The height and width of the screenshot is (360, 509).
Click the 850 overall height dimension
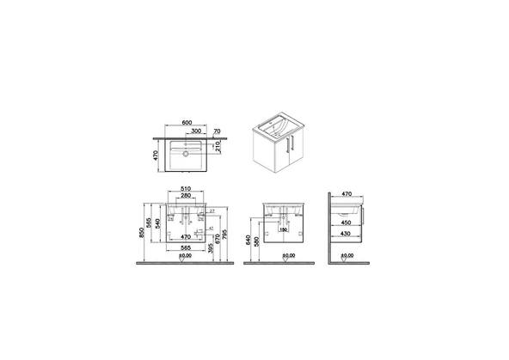(143, 235)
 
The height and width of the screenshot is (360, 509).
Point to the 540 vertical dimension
(158, 227)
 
